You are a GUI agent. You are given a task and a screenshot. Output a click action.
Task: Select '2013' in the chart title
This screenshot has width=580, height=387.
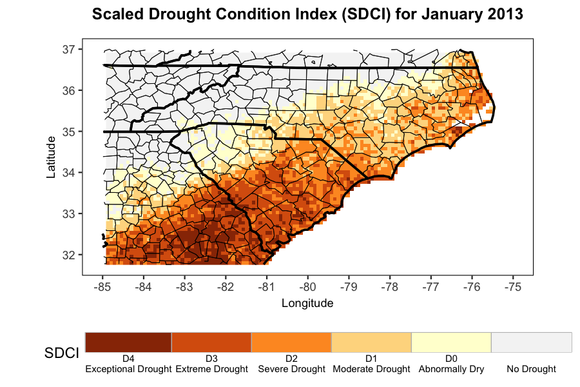pos(503,14)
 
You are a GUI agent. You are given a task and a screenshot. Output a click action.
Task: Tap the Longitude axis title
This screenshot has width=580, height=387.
pos(307,303)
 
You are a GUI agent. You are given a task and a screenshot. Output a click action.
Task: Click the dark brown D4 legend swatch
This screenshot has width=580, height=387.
pos(128,342)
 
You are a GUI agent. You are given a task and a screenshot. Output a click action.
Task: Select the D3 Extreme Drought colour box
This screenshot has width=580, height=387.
pos(211,342)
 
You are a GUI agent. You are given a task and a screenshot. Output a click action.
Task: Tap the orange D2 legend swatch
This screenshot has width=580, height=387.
pos(291,342)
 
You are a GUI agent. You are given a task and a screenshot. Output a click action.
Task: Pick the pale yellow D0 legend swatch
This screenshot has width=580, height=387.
pos(451,342)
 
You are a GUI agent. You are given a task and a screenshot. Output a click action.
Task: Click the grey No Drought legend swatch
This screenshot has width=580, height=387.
pos(532,342)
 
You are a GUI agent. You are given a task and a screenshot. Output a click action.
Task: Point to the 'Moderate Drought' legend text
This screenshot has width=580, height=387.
pos(371,370)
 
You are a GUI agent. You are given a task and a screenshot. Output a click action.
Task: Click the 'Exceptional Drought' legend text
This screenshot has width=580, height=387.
pos(128,370)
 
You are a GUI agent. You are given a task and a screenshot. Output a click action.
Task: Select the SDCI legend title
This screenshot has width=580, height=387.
pos(62,353)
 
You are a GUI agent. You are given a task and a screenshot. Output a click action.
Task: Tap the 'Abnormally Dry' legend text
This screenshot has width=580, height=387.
pos(451,370)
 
